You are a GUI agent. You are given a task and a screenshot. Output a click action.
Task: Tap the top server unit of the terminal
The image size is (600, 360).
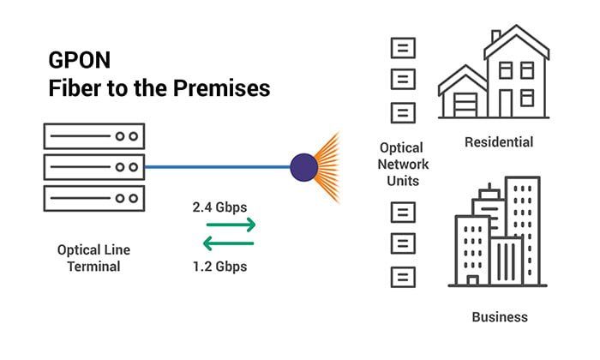pyautogui.click(x=93, y=136)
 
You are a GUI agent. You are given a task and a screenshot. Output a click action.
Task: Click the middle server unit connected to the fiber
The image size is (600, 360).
pyautogui.click(x=93, y=166)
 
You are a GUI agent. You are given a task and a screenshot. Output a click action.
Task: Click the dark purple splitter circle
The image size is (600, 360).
pyautogui.click(x=304, y=166)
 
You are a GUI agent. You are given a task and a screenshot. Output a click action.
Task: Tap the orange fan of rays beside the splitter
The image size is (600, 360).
pyautogui.click(x=329, y=166)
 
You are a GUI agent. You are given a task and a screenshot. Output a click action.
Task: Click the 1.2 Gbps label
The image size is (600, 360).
pyautogui.click(x=219, y=266)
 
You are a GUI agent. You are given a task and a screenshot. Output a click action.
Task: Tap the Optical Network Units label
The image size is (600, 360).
pyautogui.click(x=403, y=164)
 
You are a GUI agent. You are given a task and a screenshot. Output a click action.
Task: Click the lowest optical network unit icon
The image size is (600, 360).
pyautogui.click(x=403, y=277)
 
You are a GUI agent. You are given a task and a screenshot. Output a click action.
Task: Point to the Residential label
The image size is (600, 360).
pyautogui.click(x=499, y=141)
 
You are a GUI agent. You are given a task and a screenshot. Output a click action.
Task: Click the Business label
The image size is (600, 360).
pyautogui.click(x=500, y=316)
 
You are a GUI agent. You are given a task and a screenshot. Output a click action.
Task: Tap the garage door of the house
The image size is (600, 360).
pyautogui.click(x=464, y=105)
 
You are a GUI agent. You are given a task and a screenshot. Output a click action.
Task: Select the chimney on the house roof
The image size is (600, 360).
pyautogui.click(x=495, y=37)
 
